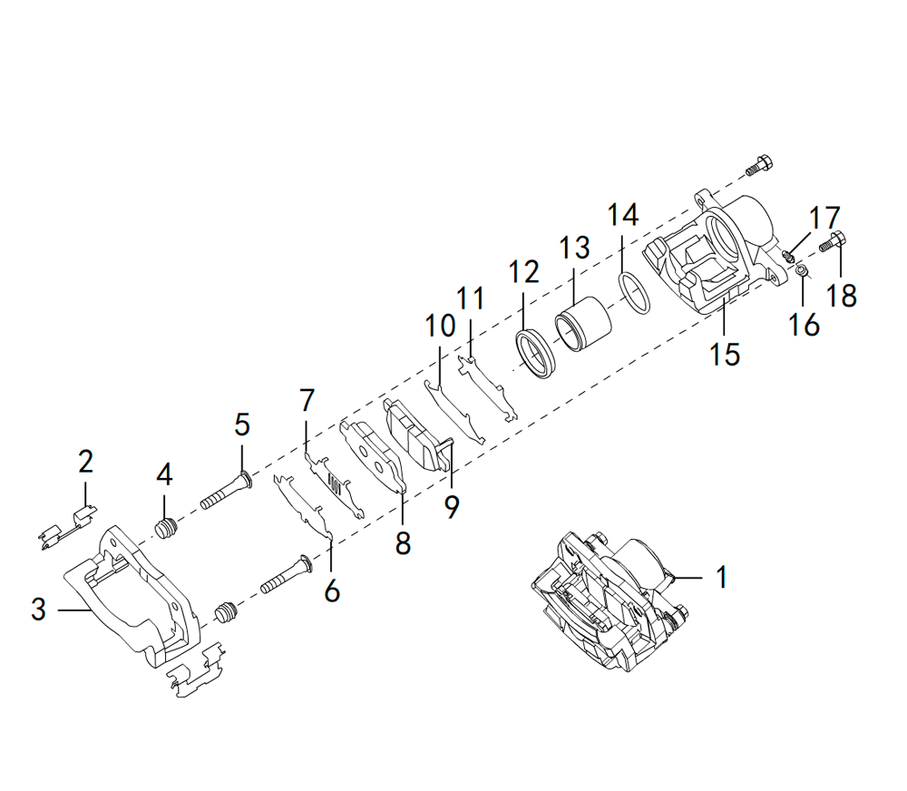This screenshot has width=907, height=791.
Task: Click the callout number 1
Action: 721,577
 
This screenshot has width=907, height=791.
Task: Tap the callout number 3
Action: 37,610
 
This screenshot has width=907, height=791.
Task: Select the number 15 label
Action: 725,353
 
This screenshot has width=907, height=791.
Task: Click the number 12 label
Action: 523,271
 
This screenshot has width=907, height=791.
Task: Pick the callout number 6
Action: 332,591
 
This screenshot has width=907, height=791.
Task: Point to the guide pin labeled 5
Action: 221,495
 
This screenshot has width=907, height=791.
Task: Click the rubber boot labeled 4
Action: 165,528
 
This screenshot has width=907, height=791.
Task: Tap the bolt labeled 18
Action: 833,242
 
